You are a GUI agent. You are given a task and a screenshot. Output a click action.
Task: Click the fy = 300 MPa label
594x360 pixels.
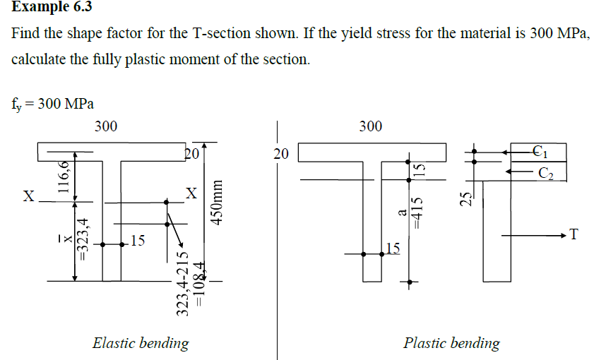(53, 104)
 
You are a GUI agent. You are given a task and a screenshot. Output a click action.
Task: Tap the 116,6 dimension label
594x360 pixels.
(64, 177)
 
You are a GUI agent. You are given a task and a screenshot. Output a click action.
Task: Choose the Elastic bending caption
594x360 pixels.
(141, 344)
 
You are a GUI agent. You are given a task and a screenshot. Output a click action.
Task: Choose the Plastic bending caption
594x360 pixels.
(451, 344)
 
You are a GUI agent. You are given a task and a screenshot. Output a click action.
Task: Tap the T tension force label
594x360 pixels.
(574, 235)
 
